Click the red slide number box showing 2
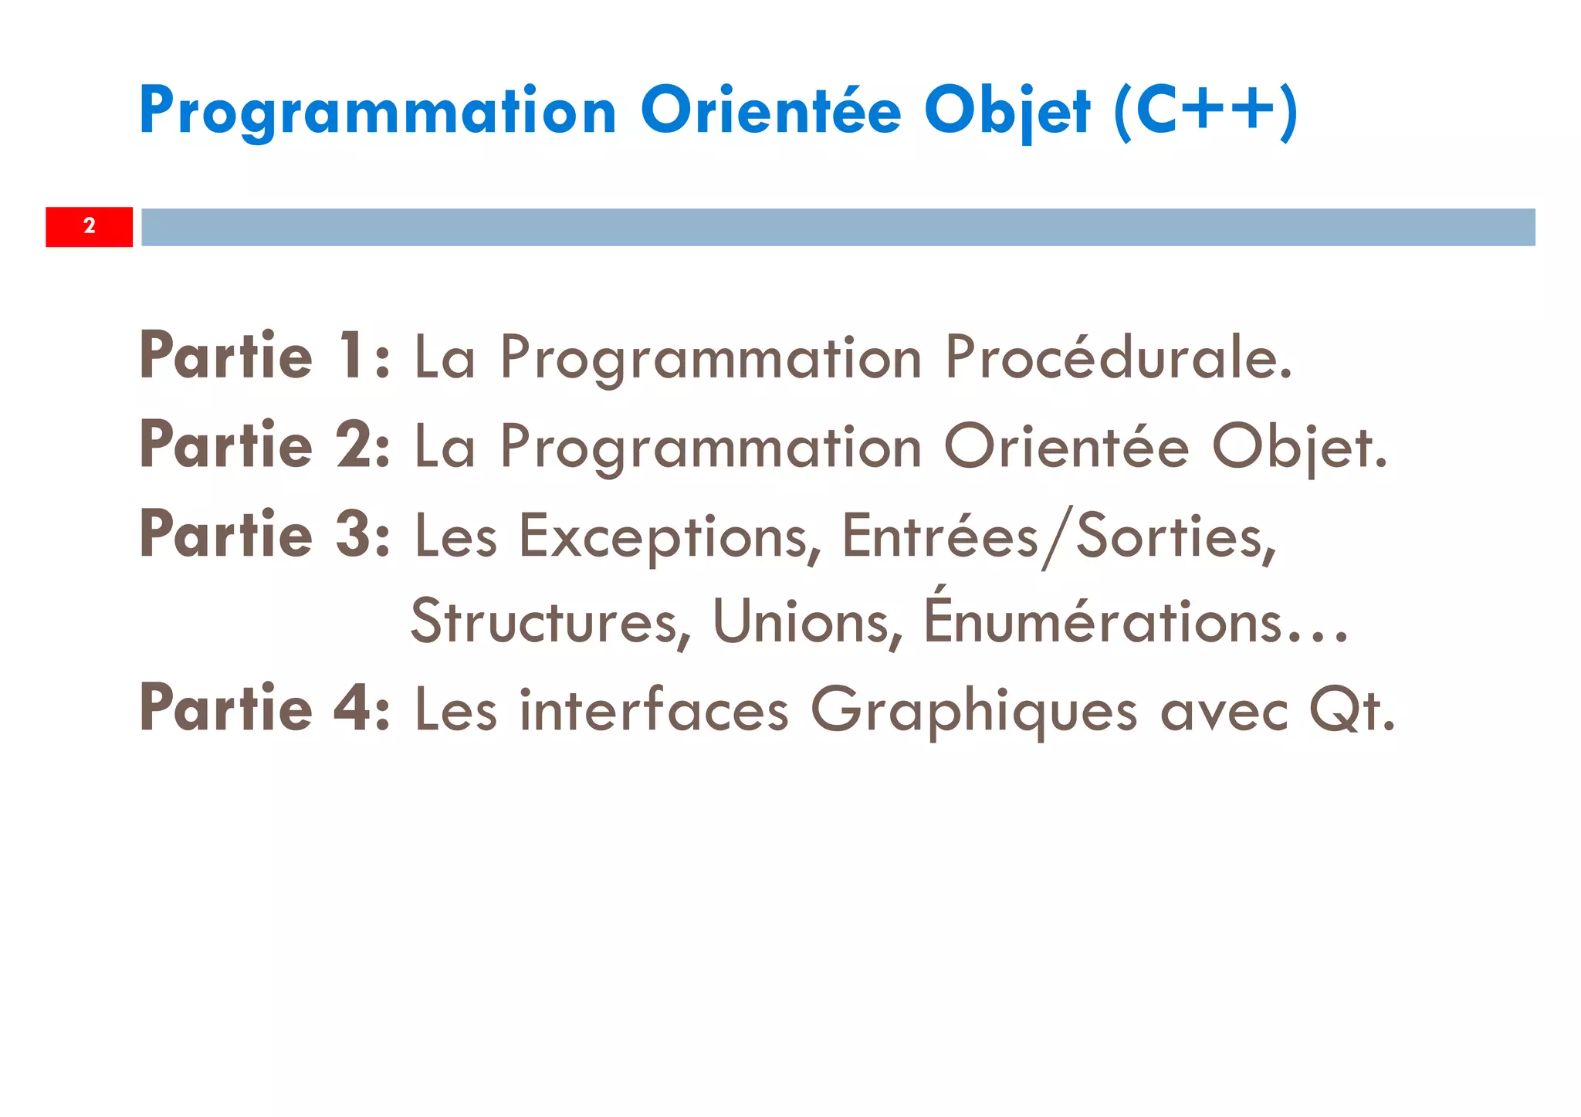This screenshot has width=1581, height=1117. click(89, 226)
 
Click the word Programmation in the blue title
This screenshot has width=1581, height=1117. click(377, 111)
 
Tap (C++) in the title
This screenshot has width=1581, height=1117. click(1205, 111)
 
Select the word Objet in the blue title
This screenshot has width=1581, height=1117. click(1007, 111)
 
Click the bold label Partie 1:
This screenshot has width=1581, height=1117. click(265, 356)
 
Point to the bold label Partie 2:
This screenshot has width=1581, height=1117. click(265, 445)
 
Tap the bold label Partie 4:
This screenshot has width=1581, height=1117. click(265, 708)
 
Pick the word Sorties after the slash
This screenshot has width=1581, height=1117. click(1175, 536)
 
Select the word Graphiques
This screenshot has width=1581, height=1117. click(973, 711)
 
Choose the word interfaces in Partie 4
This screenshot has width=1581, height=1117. click(654, 709)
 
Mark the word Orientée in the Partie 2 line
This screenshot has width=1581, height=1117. click(1066, 447)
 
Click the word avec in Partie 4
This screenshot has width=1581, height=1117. click(1224, 711)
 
